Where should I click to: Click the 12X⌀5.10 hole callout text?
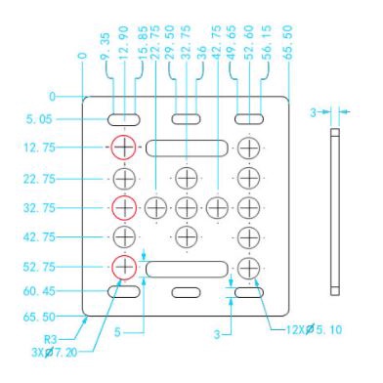314,329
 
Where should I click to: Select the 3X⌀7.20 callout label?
54,352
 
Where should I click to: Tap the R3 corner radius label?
51,339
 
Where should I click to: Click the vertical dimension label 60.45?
39,291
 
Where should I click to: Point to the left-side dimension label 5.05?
39,119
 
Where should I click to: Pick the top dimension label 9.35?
106,46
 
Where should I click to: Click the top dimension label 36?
201,52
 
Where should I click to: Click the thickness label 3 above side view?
313,112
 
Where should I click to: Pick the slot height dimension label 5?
117,332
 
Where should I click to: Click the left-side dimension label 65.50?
39,317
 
